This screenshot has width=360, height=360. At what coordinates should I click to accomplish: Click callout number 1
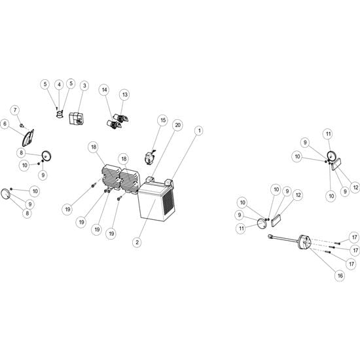click(x=199, y=131)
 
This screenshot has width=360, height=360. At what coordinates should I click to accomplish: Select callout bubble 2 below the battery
click(x=137, y=242)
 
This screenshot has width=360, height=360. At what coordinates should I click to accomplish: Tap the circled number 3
click(x=84, y=86)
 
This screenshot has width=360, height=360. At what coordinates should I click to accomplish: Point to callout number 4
click(x=59, y=84)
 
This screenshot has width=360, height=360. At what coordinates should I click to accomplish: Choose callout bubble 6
click(x=5, y=124)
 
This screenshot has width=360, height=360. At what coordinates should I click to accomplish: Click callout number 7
click(x=15, y=110)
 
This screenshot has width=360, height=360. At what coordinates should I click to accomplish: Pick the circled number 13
click(x=124, y=95)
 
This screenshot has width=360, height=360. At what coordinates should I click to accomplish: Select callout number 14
click(x=105, y=90)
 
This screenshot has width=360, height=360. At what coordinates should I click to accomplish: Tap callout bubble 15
click(x=163, y=120)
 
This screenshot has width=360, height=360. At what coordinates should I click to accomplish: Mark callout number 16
click(x=340, y=276)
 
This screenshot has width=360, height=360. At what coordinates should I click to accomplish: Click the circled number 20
click(x=177, y=125)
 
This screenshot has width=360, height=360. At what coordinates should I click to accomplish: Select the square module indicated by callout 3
click(x=76, y=118)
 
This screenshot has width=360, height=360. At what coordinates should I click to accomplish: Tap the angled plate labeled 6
click(x=28, y=137)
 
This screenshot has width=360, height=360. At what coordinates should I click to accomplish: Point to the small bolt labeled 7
click(x=22, y=126)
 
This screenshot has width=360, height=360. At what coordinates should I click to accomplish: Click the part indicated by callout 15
click(x=149, y=157)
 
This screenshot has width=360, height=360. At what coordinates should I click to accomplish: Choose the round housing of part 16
click(x=304, y=243)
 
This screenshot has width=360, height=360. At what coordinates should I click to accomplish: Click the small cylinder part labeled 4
click(x=60, y=115)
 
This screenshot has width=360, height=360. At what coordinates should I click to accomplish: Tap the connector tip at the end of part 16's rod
click(x=270, y=236)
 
